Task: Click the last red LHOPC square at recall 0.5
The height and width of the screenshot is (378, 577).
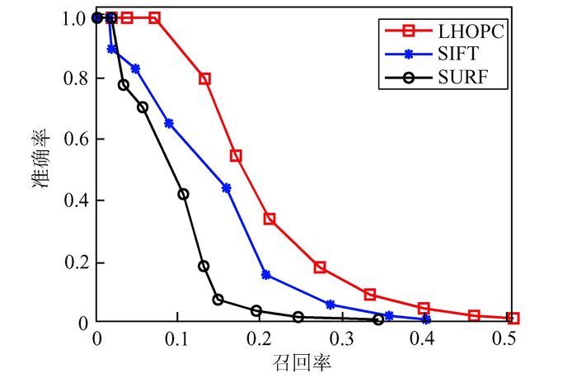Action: (513, 318)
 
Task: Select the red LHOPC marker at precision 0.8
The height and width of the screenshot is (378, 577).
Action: (204, 79)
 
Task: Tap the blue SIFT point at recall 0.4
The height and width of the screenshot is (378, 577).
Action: (425, 319)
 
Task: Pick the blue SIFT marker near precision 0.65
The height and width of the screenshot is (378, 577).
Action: (169, 123)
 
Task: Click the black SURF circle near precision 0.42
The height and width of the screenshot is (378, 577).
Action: (183, 194)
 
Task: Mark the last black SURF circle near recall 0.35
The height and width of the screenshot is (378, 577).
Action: (378, 319)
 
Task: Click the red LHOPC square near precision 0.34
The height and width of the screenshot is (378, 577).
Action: (270, 219)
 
